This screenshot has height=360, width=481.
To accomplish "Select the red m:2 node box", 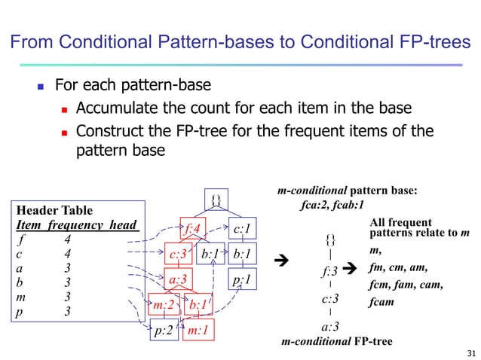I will coord(164,305).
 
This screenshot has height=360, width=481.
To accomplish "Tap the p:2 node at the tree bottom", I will coord(164,330).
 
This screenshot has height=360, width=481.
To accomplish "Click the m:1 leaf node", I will coord(199,330).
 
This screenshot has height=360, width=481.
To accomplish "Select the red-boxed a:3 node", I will coord(180,279).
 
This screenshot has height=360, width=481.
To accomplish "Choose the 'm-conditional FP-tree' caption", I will coord(336,342).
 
